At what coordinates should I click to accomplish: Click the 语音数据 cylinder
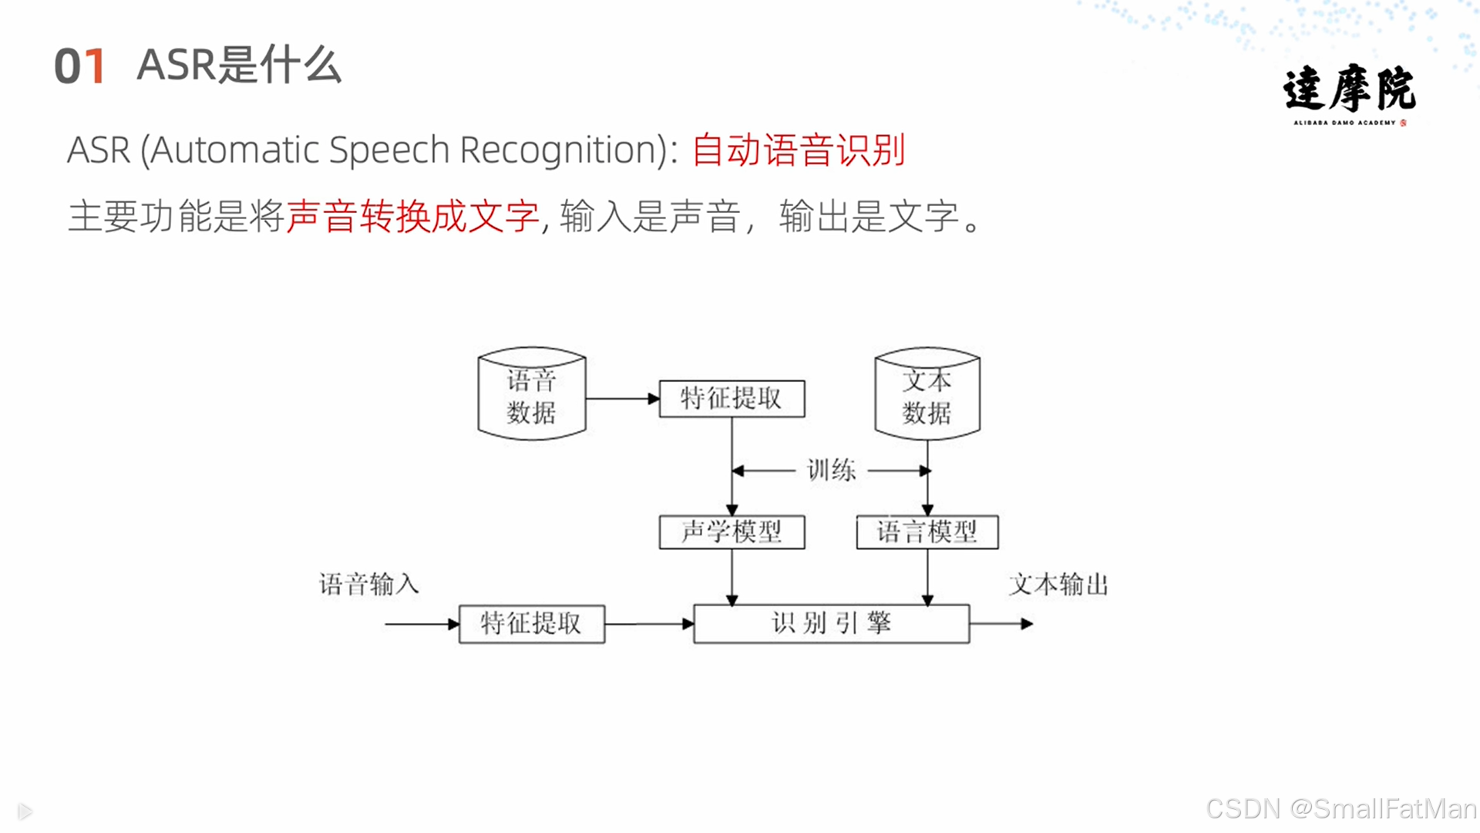531,395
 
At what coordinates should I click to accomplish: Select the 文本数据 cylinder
927,395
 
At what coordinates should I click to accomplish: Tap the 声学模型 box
732,532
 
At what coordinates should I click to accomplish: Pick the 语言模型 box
927,532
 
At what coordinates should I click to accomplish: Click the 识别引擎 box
831,623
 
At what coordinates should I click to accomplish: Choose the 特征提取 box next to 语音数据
732,399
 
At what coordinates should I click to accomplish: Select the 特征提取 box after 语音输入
531,623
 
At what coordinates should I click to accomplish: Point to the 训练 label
831,470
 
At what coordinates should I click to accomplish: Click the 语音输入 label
369,584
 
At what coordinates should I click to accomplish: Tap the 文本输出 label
1058,584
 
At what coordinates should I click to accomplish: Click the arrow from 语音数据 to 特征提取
622,399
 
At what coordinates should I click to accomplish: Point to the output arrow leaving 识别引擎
1001,623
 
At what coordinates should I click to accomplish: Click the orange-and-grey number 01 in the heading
79,66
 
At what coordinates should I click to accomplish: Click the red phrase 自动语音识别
798,150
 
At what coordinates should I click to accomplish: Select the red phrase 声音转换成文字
412,216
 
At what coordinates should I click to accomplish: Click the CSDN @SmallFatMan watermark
1340,808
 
